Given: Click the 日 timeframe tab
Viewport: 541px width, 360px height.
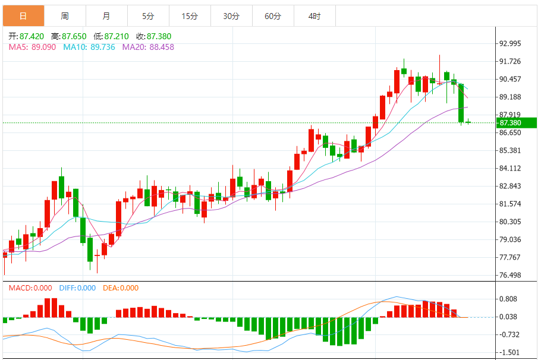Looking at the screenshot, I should click(23, 16).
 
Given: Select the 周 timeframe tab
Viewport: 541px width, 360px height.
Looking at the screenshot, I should click(64, 16).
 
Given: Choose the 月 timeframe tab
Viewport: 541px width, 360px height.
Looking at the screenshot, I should click(106, 16).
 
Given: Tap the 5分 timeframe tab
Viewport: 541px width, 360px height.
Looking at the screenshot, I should click(148, 16).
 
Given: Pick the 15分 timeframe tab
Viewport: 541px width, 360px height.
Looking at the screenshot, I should click(190, 16).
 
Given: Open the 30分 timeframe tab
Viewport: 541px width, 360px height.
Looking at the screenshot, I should click(231, 16).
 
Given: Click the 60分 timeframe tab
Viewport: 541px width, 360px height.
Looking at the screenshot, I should click(273, 16).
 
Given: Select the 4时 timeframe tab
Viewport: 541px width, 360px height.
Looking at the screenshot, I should click(314, 16).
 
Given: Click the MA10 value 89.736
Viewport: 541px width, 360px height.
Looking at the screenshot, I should click(99, 47).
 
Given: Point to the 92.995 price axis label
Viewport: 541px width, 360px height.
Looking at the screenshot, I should click(510, 43).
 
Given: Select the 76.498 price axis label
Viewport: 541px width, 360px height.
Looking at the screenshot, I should click(510, 275).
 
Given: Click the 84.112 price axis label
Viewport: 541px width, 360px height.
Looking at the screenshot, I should click(510, 168).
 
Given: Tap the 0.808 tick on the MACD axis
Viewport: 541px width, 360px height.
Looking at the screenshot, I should click(508, 299).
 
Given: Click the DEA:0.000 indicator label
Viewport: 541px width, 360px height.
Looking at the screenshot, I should click(121, 288).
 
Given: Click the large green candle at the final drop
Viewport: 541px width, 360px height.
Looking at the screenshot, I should click(461, 103).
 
